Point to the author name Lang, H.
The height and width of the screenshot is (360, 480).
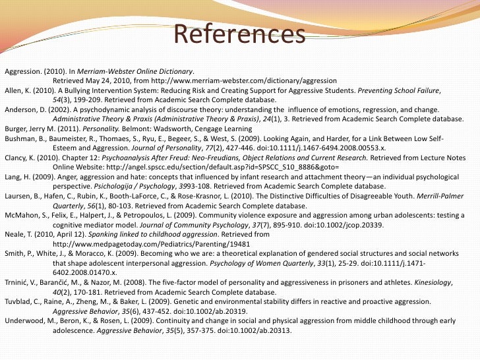[x=15, y=176]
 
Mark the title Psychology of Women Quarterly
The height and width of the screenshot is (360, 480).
[x=273, y=261]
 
